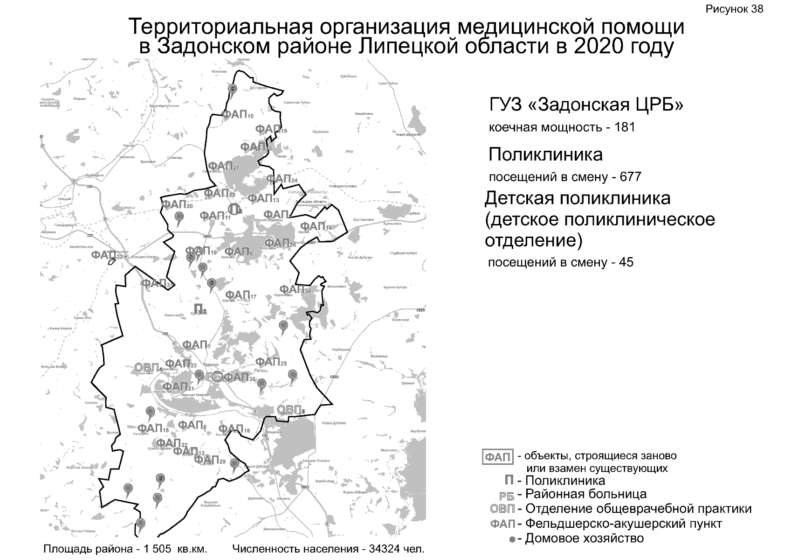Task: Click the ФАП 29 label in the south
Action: pyautogui.click(x=209, y=460)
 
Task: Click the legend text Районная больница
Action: pyautogui.click(x=586, y=494)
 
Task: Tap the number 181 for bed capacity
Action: pyautogui.click(x=625, y=127)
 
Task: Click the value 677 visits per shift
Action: pyautogui.click(x=630, y=177)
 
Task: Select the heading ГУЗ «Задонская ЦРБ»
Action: pyautogui.click(x=586, y=105)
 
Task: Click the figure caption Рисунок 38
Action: pyautogui.click(x=734, y=9)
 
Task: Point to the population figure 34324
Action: pyautogui.click(x=385, y=549)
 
